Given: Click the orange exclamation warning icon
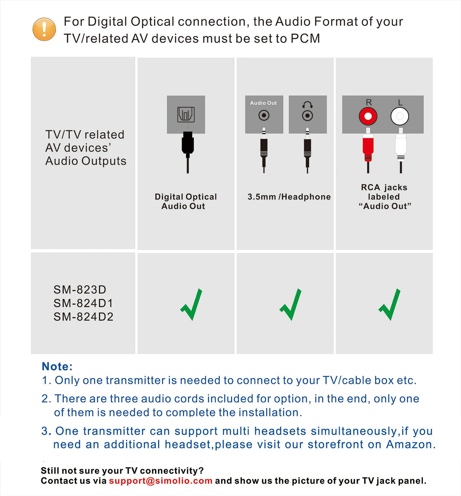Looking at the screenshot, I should point(44,29).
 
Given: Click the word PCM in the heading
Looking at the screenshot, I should point(305,38).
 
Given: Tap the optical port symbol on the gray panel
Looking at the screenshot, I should point(186,114).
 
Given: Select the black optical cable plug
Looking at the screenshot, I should point(188,145).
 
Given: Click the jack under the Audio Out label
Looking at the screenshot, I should point(264,115).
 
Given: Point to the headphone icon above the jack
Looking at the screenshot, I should point(307,105).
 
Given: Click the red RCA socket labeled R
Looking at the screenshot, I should point(368,117).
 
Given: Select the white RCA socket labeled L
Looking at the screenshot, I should point(399,117).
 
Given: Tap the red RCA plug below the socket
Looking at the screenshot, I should point(368,147).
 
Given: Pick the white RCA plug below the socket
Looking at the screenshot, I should point(400,147).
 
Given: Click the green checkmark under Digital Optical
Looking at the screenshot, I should point(191,305).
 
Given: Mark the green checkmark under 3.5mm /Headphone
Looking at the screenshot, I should point(290,305).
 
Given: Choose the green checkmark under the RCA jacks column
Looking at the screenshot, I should point(389,305).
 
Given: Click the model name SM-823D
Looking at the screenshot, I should point(80,290).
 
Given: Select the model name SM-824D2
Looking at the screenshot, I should point(83,317).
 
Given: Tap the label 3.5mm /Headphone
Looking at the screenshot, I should point(289,197).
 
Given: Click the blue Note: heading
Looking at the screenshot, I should point(57,367).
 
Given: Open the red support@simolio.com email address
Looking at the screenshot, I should point(160,481).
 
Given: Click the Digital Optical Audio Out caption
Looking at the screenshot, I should point(186,201).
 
